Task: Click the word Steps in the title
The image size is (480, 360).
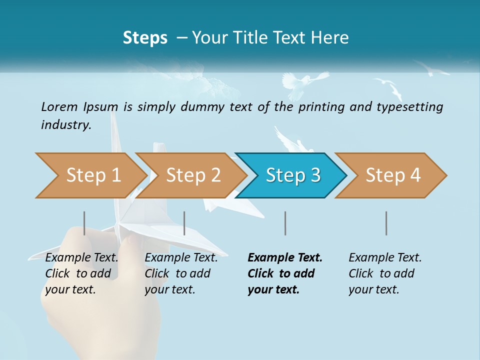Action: point(145,38)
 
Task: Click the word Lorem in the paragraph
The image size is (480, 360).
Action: point(59,106)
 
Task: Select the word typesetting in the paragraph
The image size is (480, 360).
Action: point(406,106)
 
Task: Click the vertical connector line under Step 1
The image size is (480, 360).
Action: point(84,223)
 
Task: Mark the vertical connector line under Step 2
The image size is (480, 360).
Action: point(184,223)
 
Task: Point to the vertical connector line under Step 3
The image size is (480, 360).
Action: point(285,223)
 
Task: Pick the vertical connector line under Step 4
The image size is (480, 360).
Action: point(386,223)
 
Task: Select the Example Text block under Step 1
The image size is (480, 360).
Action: point(81,273)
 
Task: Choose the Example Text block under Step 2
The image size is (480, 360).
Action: point(181,273)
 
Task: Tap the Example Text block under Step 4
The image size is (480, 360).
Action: point(385,273)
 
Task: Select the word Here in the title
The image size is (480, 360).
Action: point(332,38)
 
